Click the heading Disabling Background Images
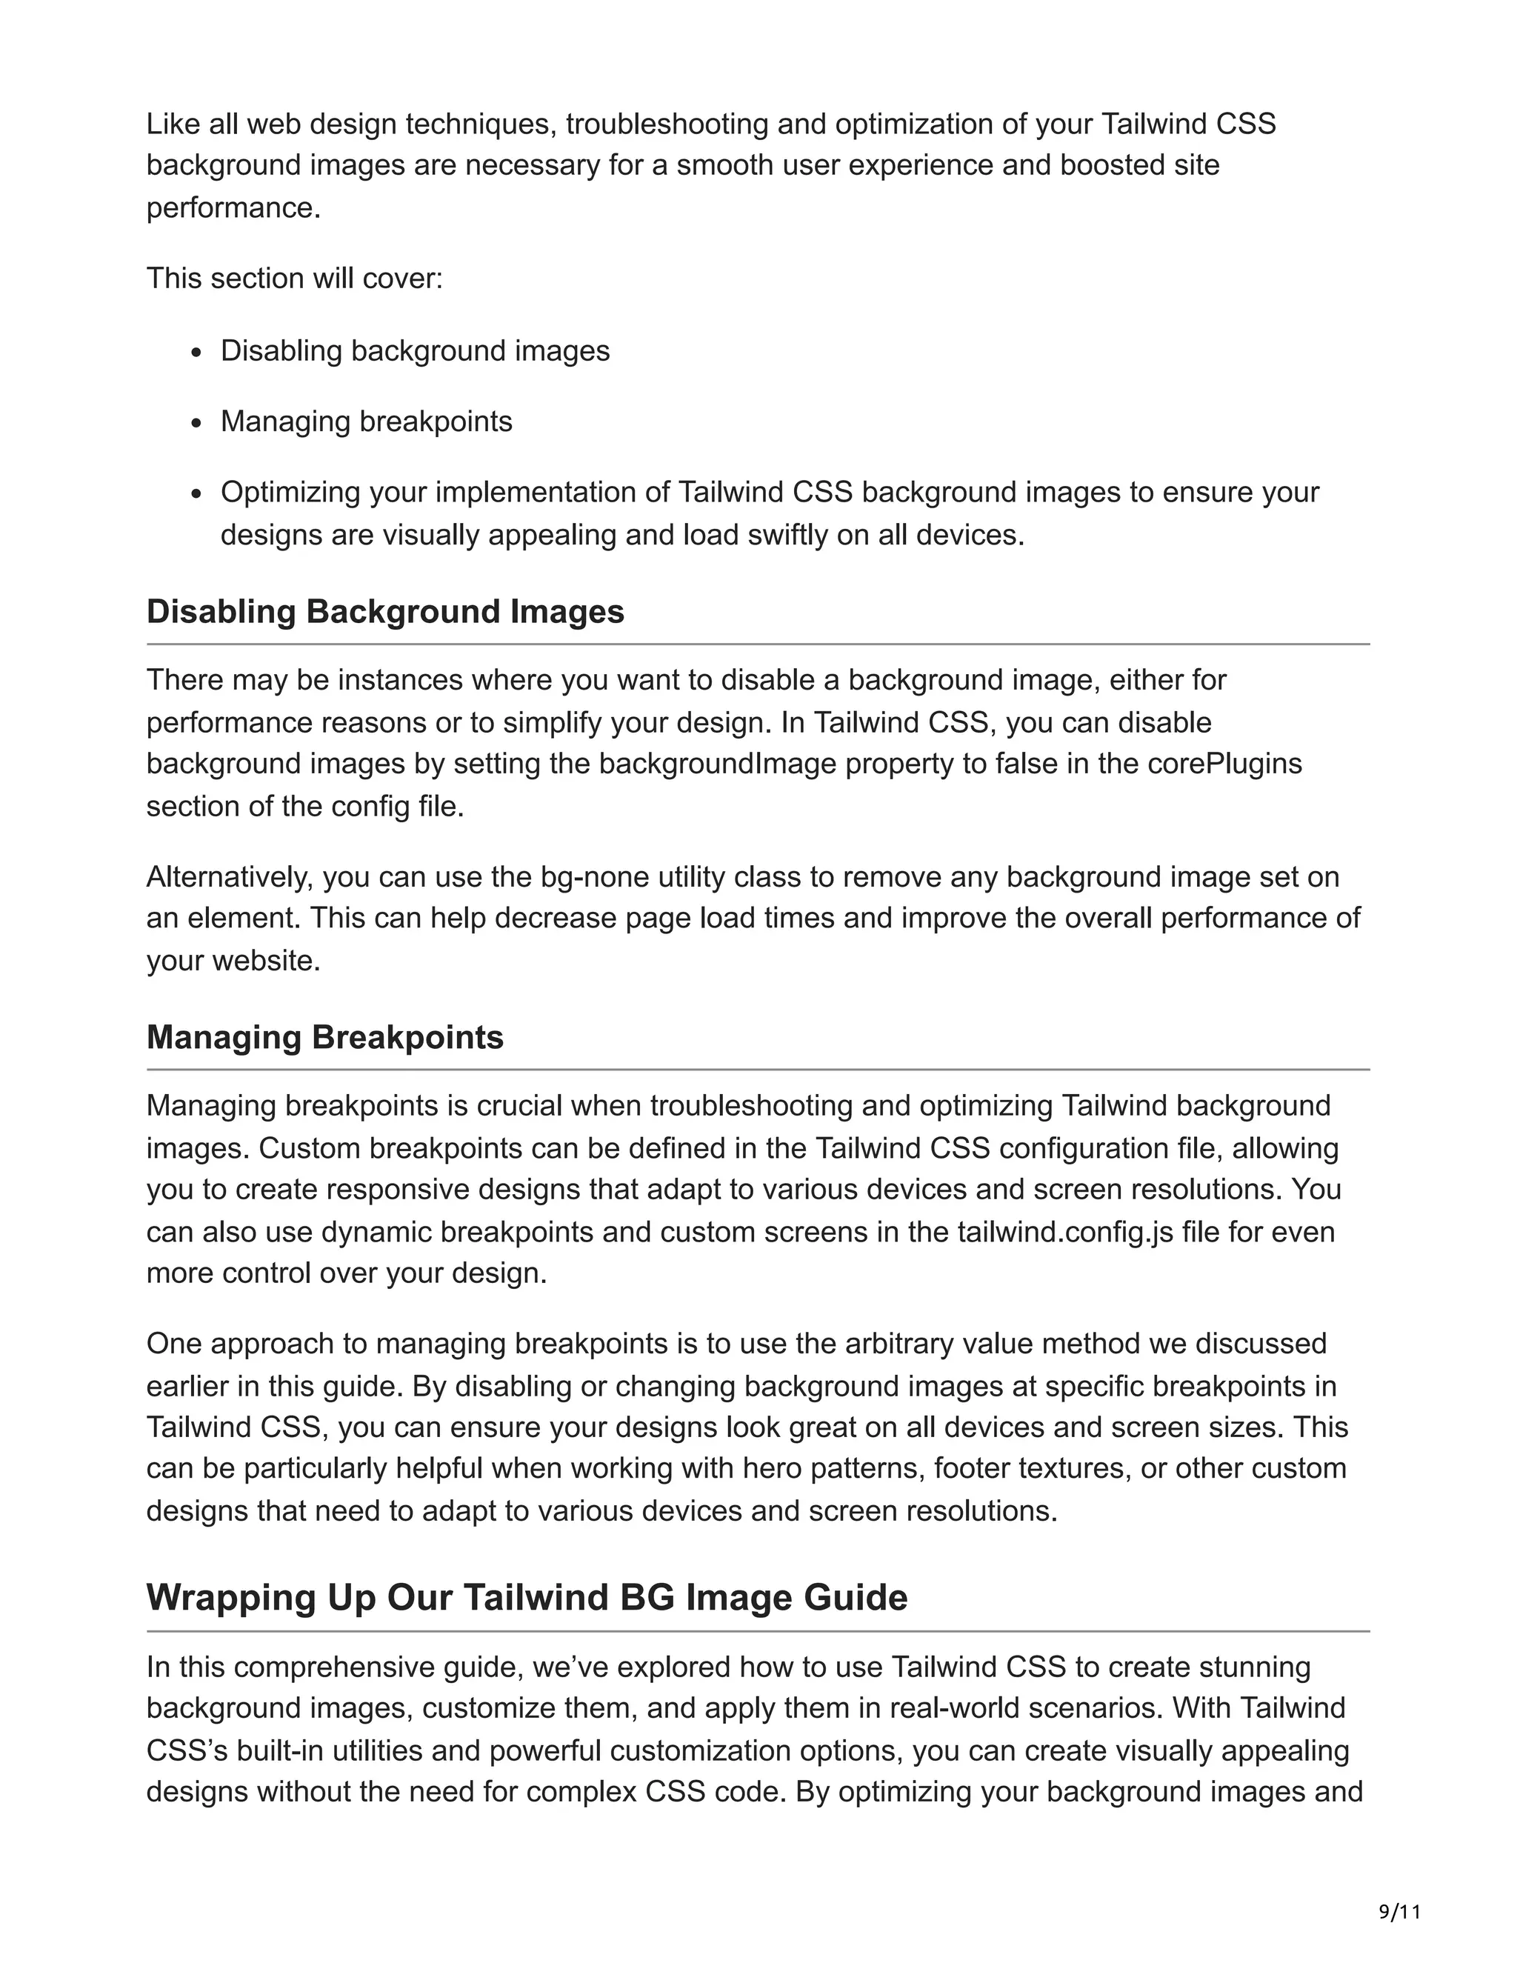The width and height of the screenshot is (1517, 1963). [x=384, y=611]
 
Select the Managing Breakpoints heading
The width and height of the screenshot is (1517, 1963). [x=324, y=1037]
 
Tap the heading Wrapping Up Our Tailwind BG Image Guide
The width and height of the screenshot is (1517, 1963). [x=527, y=1597]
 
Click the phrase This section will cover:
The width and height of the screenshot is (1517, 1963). [x=295, y=279]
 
